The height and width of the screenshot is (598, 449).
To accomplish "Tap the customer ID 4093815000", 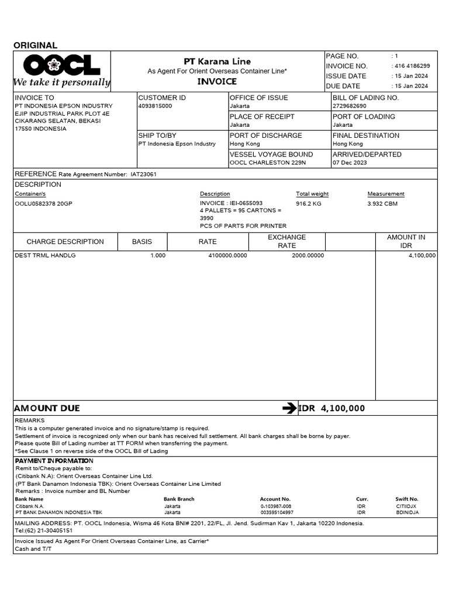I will [x=156, y=106].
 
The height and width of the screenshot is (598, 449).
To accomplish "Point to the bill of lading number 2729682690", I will [x=350, y=106].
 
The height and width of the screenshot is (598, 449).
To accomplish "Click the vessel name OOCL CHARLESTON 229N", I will [x=268, y=162].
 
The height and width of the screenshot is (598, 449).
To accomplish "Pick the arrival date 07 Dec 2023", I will [x=350, y=162].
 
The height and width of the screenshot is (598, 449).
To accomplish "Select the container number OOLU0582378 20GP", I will [x=44, y=204].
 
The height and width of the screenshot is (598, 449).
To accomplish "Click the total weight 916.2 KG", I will [x=309, y=204].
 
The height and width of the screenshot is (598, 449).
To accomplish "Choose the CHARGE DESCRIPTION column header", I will [x=65, y=242].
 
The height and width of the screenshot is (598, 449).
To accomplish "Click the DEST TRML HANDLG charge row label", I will [x=45, y=256].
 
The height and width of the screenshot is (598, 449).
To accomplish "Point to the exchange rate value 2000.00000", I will [x=308, y=256].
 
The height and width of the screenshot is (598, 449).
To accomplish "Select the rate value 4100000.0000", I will [x=227, y=256].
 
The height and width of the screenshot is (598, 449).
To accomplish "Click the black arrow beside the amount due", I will [x=289, y=408].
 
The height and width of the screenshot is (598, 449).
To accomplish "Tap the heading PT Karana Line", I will [x=217, y=61].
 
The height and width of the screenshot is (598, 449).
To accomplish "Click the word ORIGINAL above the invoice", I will [x=35, y=46].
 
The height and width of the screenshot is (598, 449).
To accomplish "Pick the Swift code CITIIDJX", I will [x=406, y=506].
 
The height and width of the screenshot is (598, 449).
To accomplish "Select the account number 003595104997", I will [x=277, y=512].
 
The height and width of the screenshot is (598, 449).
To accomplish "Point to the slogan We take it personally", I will [x=62, y=82].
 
